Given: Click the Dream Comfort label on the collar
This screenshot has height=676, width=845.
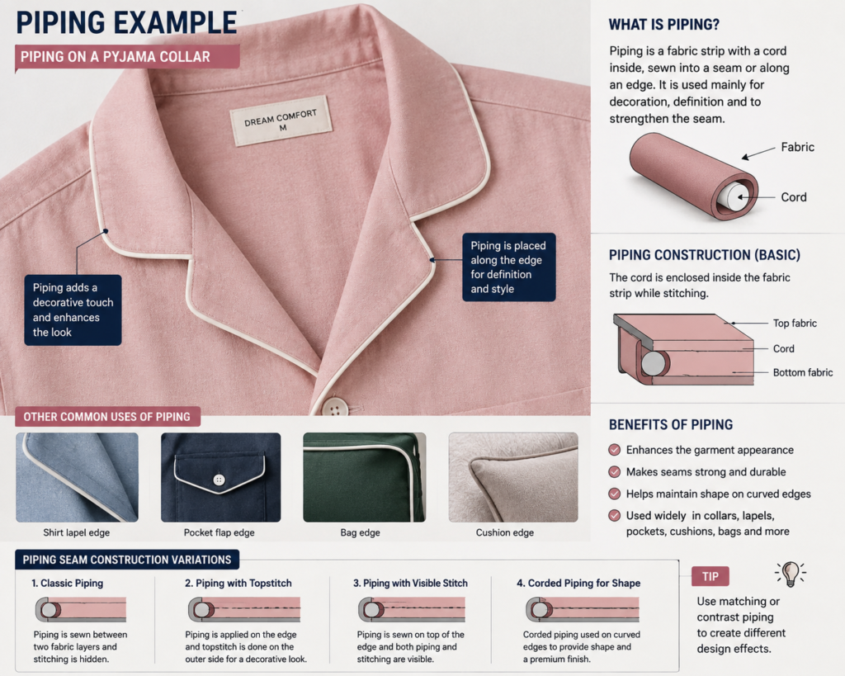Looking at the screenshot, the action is (x=281, y=121).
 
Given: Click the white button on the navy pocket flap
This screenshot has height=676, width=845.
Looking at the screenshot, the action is (x=219, y=480).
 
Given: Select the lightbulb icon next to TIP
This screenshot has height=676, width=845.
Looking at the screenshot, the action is (x=791, y=574).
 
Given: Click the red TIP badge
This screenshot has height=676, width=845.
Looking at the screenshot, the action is (x=710, y=576).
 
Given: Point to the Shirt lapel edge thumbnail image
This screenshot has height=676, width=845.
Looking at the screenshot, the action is (x=77, y=477).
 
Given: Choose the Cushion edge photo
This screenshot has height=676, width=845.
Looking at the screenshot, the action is (x=513, y=477).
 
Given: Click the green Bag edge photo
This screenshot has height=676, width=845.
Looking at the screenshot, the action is (x=364, y=477).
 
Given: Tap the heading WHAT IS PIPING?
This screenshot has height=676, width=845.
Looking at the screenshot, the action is (x=664, y=25).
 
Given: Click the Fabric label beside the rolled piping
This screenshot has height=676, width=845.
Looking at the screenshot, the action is (x=798, y=147).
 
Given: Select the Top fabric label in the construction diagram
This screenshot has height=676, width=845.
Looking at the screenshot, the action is (x=795, y=323).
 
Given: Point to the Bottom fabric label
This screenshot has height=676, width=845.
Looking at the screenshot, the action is (x=803, y=372).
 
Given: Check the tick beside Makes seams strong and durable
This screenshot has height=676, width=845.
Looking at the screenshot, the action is (x=614, y=472).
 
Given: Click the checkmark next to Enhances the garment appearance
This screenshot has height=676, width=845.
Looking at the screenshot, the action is (x=614, y=450).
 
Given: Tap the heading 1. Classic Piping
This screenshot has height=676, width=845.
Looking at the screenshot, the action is (x=68, y=584).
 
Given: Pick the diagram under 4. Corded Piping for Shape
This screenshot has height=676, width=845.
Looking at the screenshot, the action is (x=583, y=610).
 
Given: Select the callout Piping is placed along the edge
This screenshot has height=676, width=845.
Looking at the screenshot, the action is (x=508, y=267).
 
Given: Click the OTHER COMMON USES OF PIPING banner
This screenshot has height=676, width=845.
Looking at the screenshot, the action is (x=107, y=417).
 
